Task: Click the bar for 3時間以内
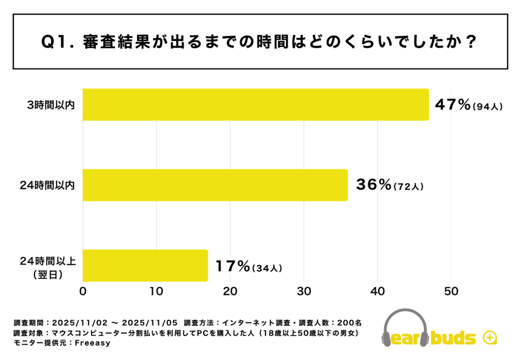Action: click(x=255, y=105)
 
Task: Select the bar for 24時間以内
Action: click(x=215, y=185)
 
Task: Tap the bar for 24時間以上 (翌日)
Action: click(x=145, y=265)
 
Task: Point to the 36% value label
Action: click(x=372, y=185)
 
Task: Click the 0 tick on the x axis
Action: click(x=83, y=292)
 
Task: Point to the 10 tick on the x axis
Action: click(x=156, y=292)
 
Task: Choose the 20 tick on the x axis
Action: click(x=230, y=292)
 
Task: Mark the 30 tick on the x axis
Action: click(x=304, y=292)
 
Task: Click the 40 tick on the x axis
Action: click(x=377, y=292)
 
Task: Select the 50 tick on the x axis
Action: click(x=451, y=292)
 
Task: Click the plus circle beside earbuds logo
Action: click(x=490, y=338)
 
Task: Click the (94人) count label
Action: click(x=487, y=107)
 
